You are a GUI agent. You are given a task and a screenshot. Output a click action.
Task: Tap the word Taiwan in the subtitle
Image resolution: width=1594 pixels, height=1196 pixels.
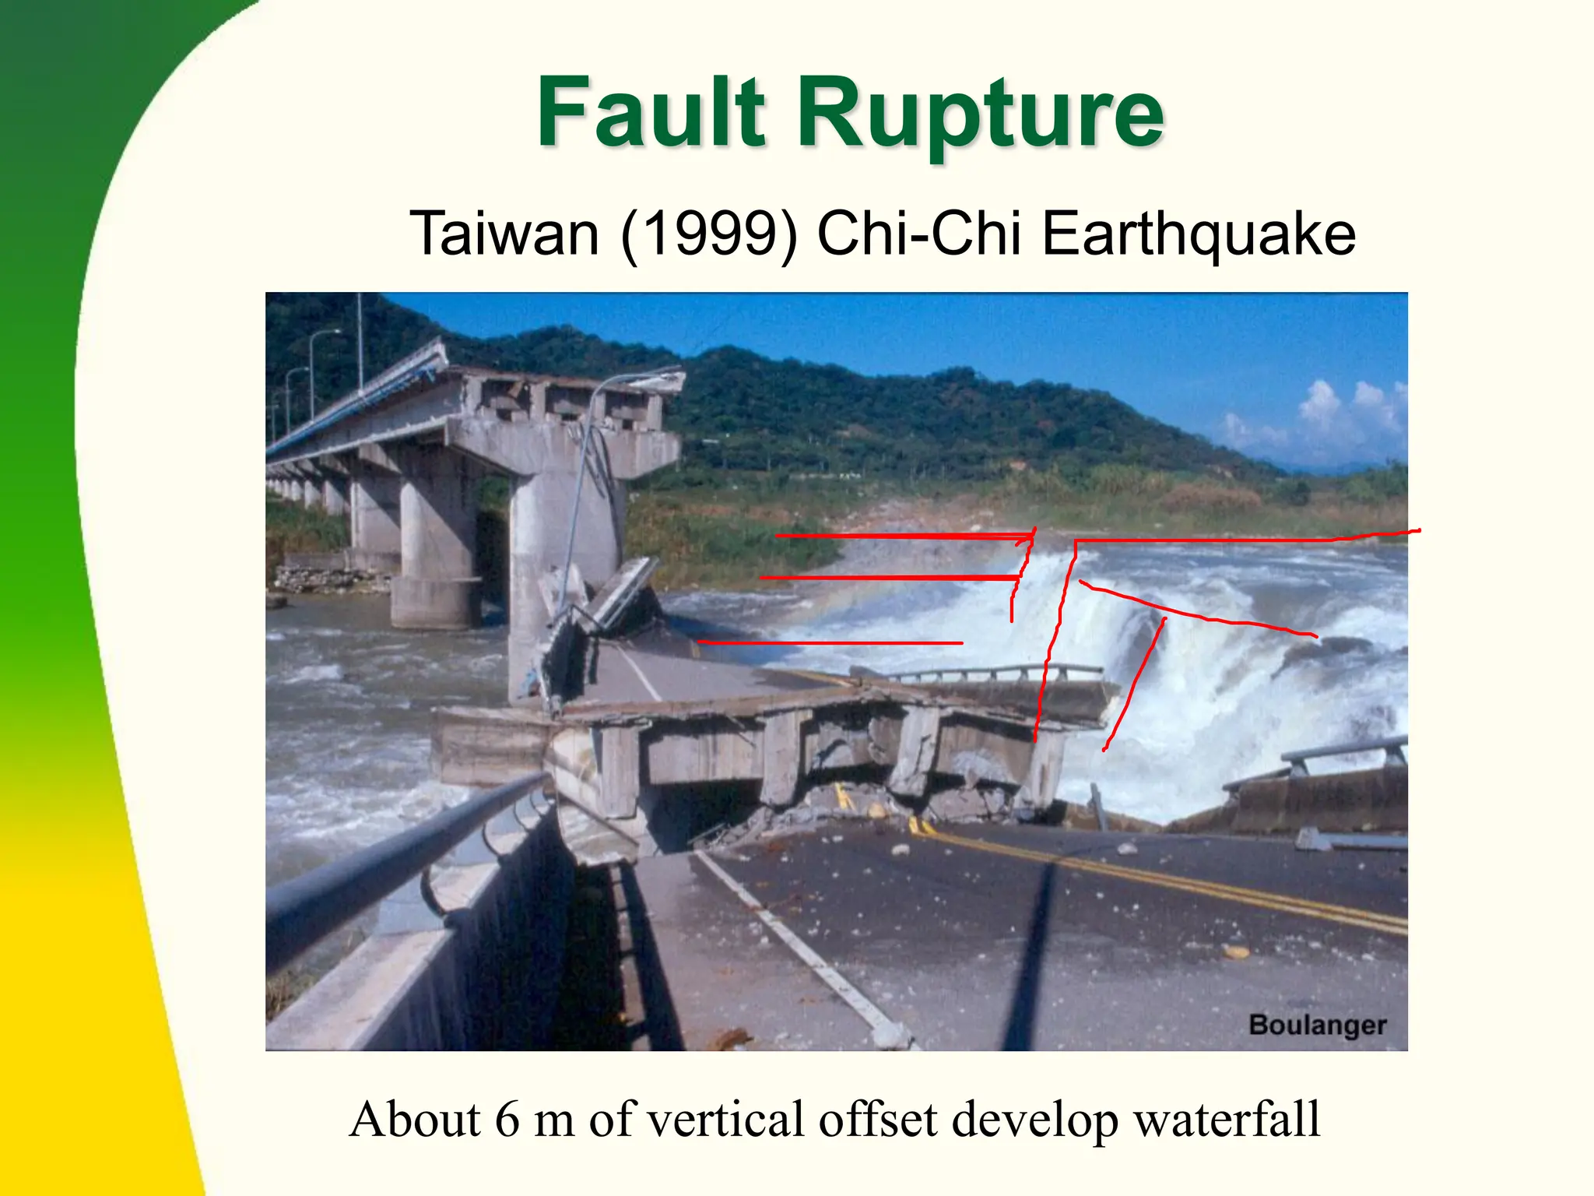(x=504, y=234)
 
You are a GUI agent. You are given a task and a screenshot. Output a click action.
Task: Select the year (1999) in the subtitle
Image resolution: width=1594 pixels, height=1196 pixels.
(x=709, y=234)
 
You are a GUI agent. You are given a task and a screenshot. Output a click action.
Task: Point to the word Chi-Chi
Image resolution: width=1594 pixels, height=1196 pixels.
(x=919, y=234)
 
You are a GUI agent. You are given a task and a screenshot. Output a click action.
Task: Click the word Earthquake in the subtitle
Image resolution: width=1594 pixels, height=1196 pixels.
(x=1199, y=234)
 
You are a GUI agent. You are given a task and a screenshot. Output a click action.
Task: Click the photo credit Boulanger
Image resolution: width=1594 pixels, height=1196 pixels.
(x=1317, y=1025)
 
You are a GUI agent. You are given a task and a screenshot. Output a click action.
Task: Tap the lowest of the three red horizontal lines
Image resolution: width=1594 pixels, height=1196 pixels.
(x=830, y=642)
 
